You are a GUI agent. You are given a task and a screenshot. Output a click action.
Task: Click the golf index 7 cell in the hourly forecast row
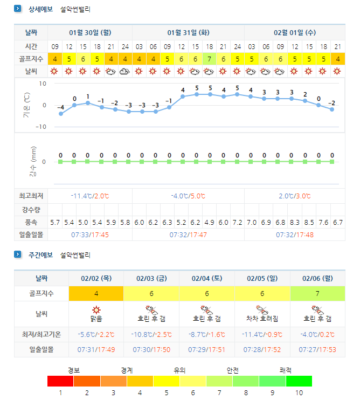pos(209,59)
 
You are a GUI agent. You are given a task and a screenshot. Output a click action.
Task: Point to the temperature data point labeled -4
pos(61,114)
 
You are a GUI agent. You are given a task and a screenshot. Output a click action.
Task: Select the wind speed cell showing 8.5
pos(309,223)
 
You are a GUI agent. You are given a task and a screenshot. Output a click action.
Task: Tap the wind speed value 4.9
pos(209,223)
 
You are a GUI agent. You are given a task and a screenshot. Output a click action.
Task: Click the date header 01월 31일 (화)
pos(188,33)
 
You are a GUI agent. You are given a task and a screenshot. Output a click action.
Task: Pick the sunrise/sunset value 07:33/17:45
pos(90,235)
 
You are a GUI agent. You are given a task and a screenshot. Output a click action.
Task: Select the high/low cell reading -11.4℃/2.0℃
pos(90,196)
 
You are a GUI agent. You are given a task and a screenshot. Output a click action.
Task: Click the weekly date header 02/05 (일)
pos(262,278)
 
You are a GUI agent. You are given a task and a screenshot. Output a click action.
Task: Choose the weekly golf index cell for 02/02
pos(96,294)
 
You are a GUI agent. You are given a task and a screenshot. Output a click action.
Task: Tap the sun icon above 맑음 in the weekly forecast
pos(96,310)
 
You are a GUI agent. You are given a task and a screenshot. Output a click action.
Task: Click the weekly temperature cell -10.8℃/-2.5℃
pos(151,334)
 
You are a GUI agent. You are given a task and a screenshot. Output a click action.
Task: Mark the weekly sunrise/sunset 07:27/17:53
pos(317,349)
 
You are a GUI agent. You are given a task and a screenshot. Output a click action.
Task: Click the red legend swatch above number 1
pos(60,381)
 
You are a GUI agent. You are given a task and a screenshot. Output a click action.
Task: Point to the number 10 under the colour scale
pos(299,392)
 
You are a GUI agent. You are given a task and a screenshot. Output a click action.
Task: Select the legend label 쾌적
pos(285,370)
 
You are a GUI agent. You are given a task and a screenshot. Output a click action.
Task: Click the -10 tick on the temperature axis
pos(41,127)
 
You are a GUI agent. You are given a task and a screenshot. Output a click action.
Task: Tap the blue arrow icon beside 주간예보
pos(18,254)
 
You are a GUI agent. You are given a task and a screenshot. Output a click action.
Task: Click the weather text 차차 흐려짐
pos(262,319)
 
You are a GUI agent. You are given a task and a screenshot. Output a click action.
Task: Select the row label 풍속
pos(31,223)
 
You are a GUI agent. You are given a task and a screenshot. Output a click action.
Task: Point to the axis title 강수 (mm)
pos(33,162)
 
